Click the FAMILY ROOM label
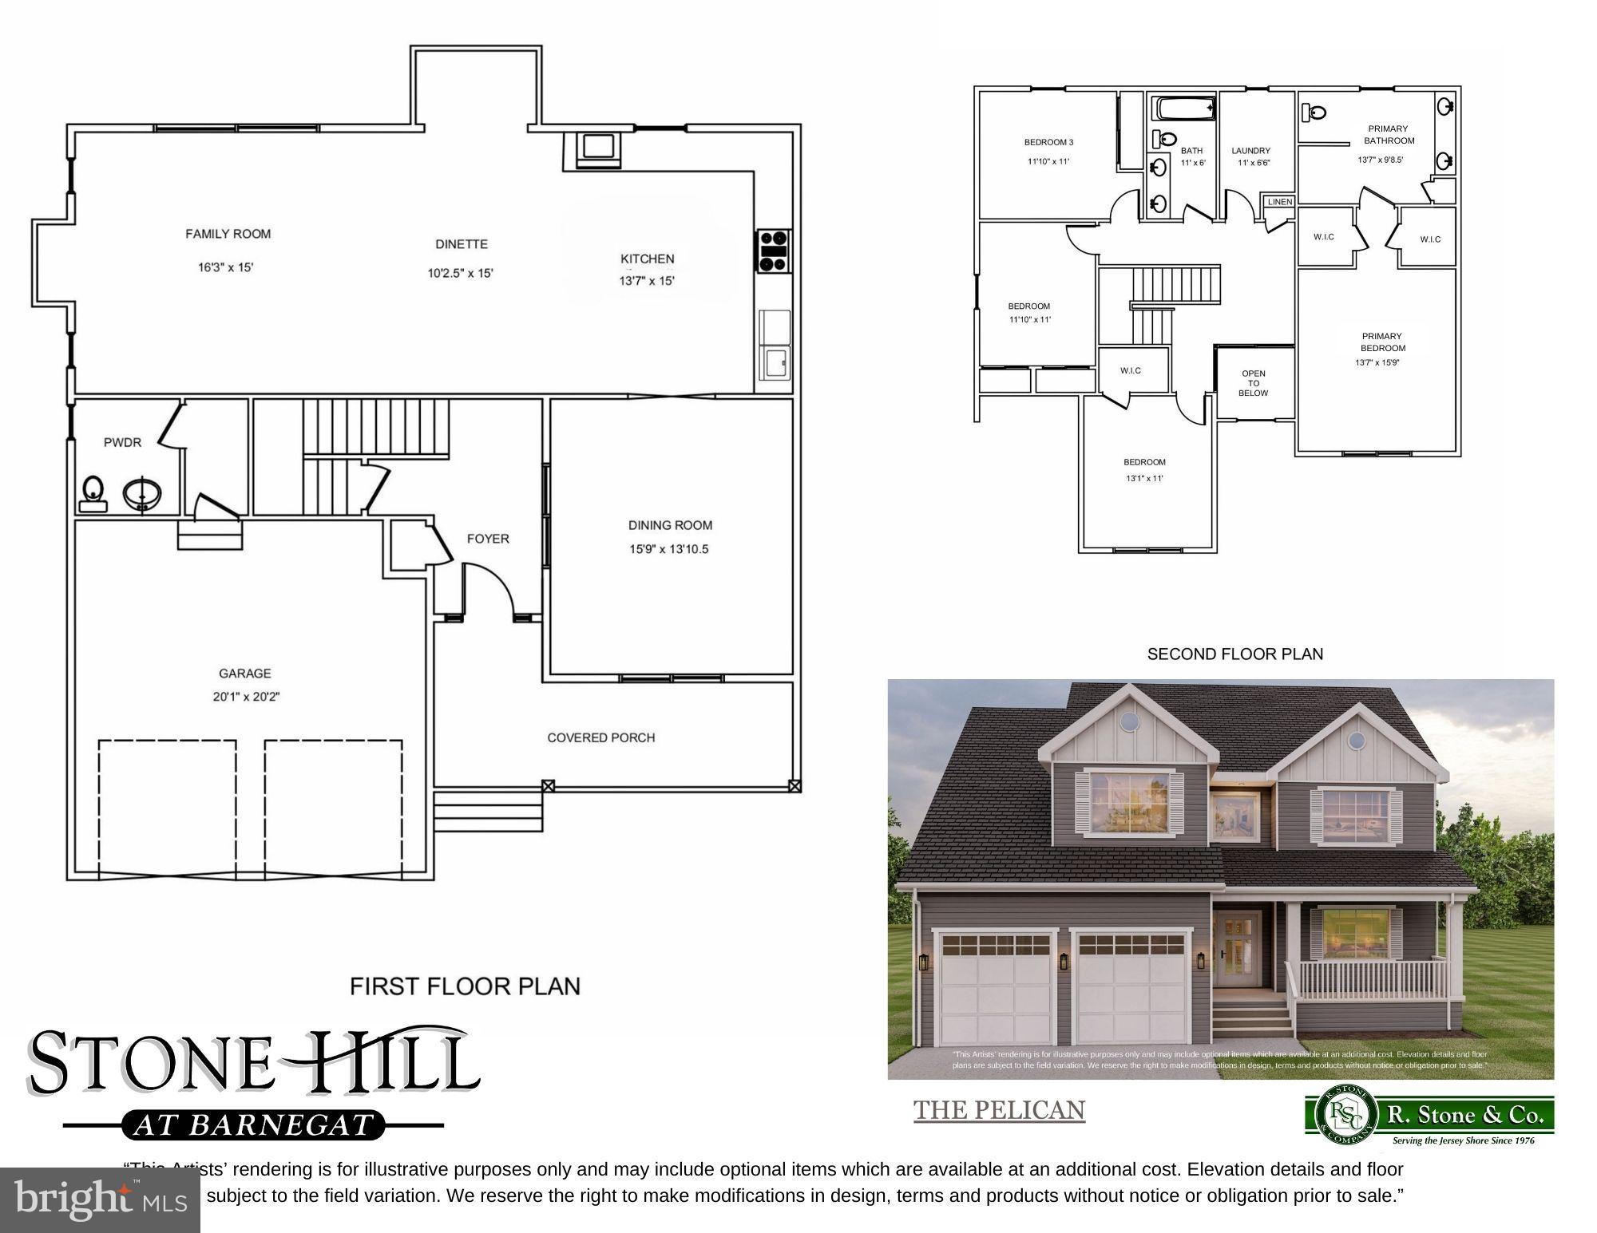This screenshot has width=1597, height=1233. tap(228, 234)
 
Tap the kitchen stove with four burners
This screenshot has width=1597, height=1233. tap(774, 251)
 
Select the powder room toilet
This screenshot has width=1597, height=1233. tap(93, 492)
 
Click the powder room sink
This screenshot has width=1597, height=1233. tap(142, 493)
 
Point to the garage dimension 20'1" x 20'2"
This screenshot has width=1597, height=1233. tap(245, 697)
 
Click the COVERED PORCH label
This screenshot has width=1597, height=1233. tap(600, 737)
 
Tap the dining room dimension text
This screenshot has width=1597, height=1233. tap(669, 549)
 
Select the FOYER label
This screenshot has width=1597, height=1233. tap(488, 539)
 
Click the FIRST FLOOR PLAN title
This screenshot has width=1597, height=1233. tap(465, 986)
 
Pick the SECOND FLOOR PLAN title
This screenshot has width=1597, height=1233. tap(1234, 654)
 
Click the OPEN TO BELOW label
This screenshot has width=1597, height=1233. tap(1253, 383)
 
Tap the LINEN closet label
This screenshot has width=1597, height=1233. tap(1279, 202)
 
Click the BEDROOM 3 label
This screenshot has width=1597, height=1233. tap(1048, 142)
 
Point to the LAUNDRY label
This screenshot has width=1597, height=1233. tap(1250, 151)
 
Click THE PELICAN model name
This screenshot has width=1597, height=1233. tap(999, 1110)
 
